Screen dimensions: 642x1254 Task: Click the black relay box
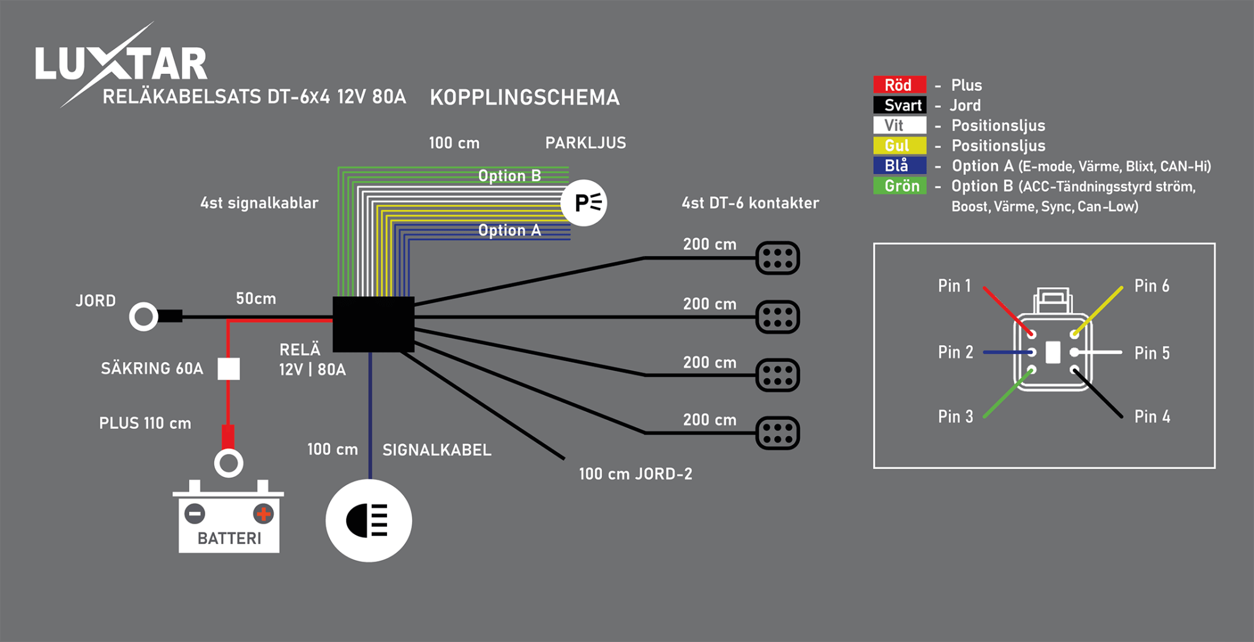(373, 324)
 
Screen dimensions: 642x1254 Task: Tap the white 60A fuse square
(228, 368)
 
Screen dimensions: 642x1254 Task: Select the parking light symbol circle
(584, 203)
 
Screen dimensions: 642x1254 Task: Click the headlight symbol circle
(369, 520)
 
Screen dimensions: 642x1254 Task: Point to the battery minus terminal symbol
(195, 513)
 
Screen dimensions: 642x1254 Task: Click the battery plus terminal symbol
(263, 513)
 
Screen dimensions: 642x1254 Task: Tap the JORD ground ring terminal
(144, 316)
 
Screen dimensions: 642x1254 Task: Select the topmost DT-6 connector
(777, 258)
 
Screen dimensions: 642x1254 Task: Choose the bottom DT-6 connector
(777, 433)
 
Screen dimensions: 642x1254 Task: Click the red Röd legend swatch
(899, 84)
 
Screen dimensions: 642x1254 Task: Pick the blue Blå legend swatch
(899, 165)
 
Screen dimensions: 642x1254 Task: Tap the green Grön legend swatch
(899, 185)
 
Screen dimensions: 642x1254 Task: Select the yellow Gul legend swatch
(899, 145)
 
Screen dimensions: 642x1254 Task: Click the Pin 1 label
(954, 286)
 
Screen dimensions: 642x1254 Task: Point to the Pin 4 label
(1152, 417)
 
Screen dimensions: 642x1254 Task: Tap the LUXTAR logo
(121, 64)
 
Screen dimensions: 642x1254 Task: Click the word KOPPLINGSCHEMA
(525, 97)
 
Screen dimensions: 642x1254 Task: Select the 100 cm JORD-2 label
(635, 474)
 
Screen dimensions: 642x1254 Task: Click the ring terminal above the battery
(228, 463)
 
